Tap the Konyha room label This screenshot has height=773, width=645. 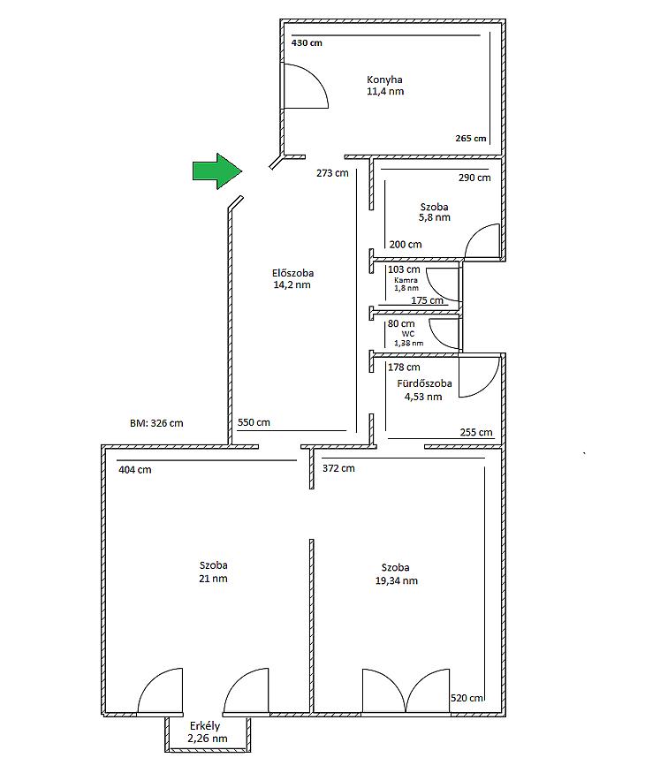click(384, 80)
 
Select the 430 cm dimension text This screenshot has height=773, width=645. click(307, 43)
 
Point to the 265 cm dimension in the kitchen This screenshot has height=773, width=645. click(471, 139)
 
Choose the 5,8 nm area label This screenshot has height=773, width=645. click(435, 217)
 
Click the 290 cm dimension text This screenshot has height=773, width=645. click(474, 178)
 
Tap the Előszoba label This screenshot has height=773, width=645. click(292, 273)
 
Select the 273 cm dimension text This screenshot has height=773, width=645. click(332, 173)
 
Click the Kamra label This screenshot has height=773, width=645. click(406, 280)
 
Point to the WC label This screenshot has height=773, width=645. click(408, 334)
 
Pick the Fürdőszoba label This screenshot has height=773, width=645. click(424, 383)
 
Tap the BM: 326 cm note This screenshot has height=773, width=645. click(156, 423)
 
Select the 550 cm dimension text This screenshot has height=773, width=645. click(254, 422)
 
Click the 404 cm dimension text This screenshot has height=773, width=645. click(134, 470)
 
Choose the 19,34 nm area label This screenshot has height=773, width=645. click(397, 580)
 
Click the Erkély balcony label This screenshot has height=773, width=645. click(205, 726)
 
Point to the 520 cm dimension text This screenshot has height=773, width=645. click(467, 698)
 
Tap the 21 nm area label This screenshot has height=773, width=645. click(213, 579)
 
